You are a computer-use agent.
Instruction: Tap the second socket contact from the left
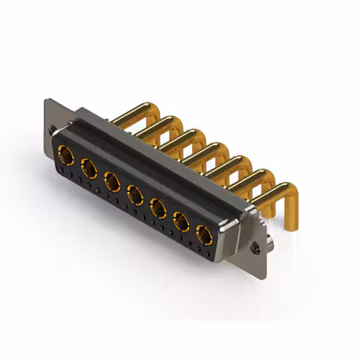tap(88, 166)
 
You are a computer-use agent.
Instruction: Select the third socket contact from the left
tap(111, 181)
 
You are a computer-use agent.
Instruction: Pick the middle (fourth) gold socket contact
tap(135, 195)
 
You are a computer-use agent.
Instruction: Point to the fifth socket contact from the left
tap(158, 209)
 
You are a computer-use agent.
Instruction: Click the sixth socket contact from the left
tap(181, 223)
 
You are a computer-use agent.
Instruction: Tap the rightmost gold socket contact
tap(203, 235)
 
